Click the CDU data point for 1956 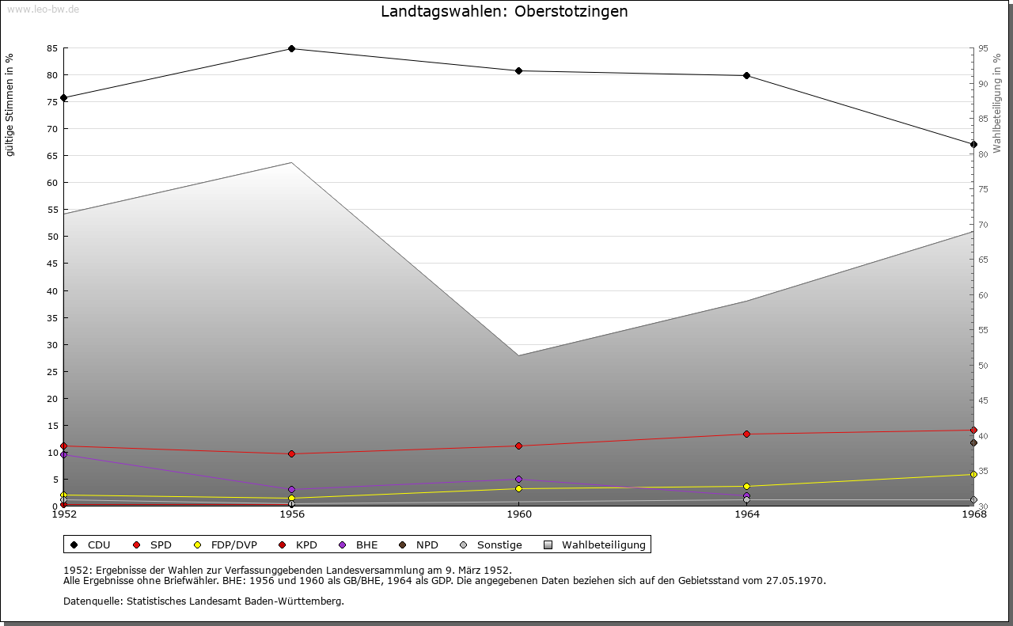coord(291,48)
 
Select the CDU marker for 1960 coord(518,71)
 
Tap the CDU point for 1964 coord(746,76)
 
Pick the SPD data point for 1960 coord(518,446)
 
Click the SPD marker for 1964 coord(746,434)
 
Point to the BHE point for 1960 coord(518,479)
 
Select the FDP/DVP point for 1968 coord(973,474)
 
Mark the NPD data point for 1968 coord(973,442)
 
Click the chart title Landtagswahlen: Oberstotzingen coord(504,11)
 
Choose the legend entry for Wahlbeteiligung coord(603,544)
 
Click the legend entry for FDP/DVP coord(234,544)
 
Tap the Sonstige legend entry coord(499,544)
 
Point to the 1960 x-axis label coord(518,514)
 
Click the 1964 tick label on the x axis coord(746,514)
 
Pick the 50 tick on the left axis coord(51,237)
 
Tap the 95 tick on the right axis coord(983,48)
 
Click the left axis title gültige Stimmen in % coord(9,104)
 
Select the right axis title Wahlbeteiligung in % coord(997,103)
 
